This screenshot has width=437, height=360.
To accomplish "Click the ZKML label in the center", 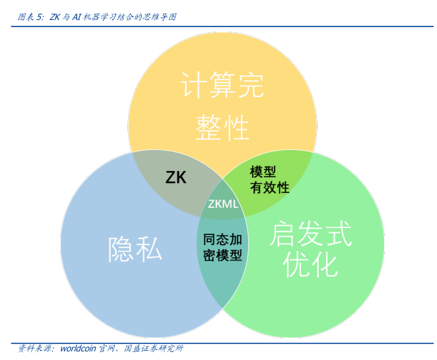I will [x=222, y=203].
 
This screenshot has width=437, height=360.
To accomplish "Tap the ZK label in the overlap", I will [x=176, y=177].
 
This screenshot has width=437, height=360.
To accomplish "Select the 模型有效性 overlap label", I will [x=269, y=179].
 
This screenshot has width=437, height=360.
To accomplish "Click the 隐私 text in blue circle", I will [x=135, y=250].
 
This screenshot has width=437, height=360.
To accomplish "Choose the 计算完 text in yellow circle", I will [x=222, y=86].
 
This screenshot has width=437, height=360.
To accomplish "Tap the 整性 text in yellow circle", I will [x=222, y=127].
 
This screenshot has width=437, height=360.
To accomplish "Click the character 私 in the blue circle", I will [x=149, y=250].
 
